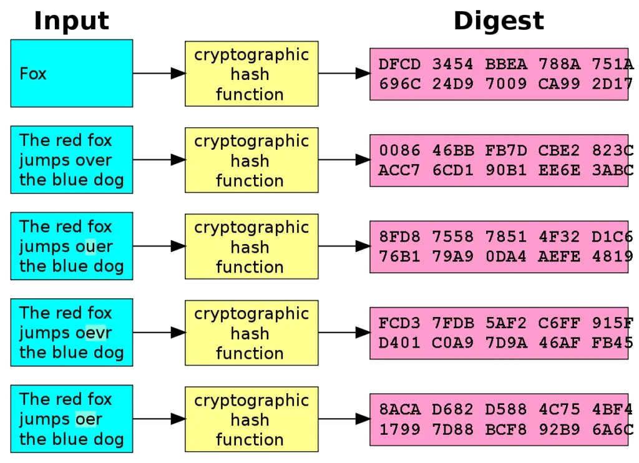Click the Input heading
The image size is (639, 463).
(x=71, y=21)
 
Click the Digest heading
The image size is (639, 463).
(x=499, y=21)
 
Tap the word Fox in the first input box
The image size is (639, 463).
(x=33, y=74)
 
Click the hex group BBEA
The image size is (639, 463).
(x=505, y=64)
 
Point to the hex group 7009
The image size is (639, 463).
(x=505, y=84)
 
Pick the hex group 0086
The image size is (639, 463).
(x=399, y=150)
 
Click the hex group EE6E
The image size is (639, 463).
(x=559, y=170)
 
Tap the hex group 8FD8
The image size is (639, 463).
(x=399, y=236)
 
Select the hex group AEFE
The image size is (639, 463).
(x=559, y=256)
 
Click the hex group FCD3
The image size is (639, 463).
(x=399, y=323)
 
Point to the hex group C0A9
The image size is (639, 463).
(x=453, y=343)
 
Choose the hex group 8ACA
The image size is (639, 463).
(x=399, y=409)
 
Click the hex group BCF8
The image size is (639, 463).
(x=505, y=429)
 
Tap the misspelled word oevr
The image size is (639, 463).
(x=94, y=333)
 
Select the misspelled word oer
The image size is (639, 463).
(x=89, y=419)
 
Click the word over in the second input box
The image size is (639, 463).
(x=94, y=160)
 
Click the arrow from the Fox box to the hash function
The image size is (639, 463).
(x=159, y=74)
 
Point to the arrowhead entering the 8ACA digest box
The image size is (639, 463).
(x=363, y=419)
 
